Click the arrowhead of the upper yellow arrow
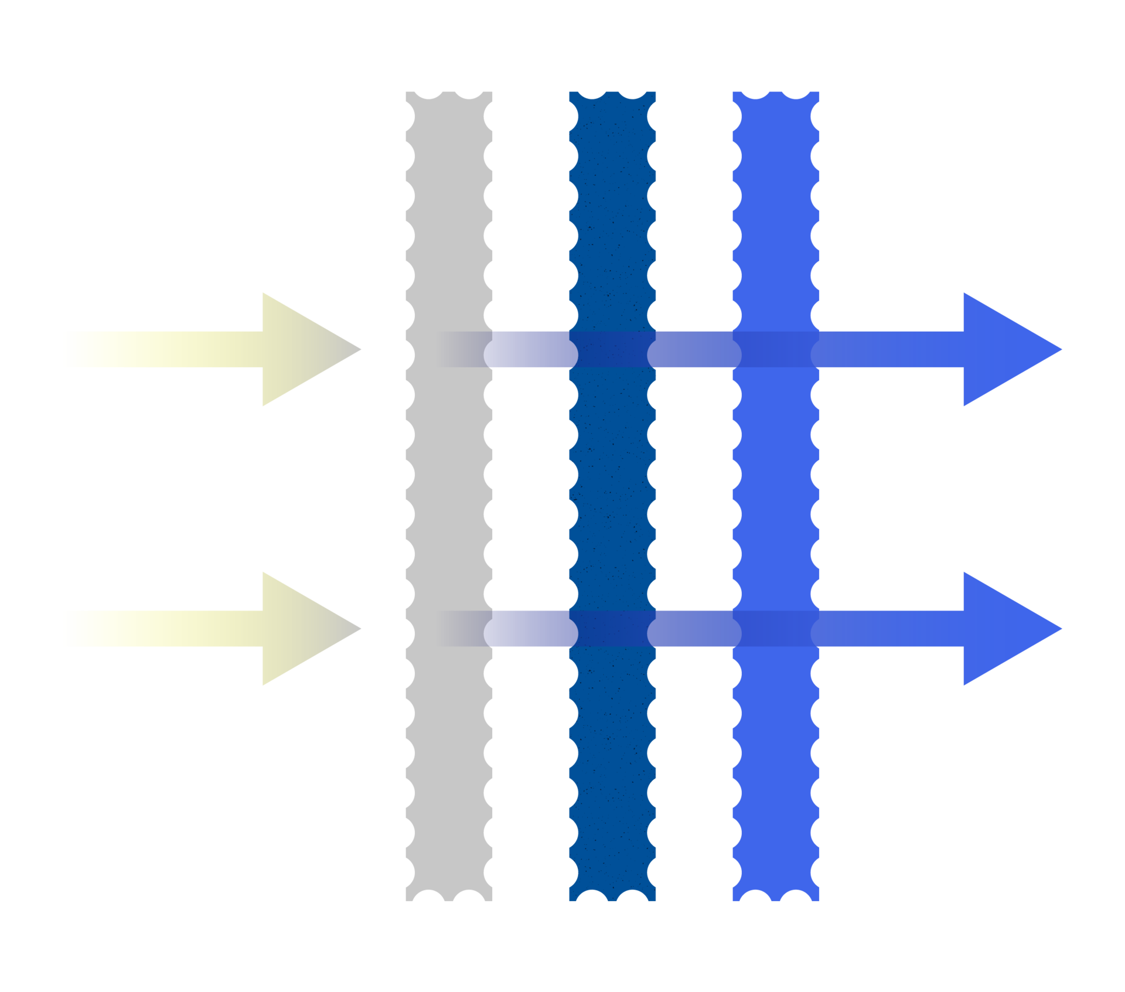(305, 349)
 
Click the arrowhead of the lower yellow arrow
(305, 628)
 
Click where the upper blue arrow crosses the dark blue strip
(612, 349)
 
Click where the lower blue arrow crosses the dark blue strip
(612, 628)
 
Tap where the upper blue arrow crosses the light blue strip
(775, 349)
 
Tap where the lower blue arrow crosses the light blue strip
(775, 628)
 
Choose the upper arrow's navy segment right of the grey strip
(530, 349)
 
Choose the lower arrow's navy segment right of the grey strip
(530, 628)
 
